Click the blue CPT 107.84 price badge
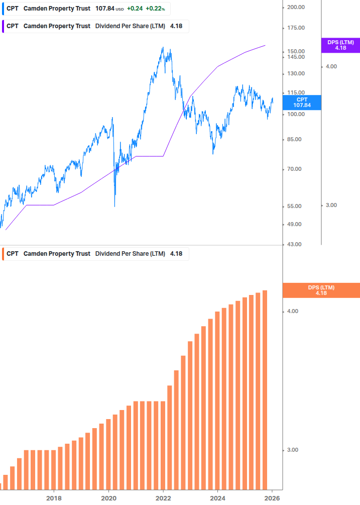[x=302, y=103]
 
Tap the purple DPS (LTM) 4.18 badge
[x=340, y=45]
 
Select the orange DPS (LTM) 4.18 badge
[x=321, y=290]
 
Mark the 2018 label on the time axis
[x=54, y=498]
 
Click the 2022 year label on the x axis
[x=163, y=498]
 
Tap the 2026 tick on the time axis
[x=272, y=498]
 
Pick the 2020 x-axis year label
[x=108, y=498]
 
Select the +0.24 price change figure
[x=134, y=9]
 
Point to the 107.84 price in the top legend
[x=105, y=9]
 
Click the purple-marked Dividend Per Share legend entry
[x=95, y=26]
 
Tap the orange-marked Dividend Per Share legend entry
[x=95, y=254]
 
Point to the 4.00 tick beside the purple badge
[x=331, y=66]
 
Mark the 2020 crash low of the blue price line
[x=114, y=206]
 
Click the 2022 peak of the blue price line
[x=163, y=48]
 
